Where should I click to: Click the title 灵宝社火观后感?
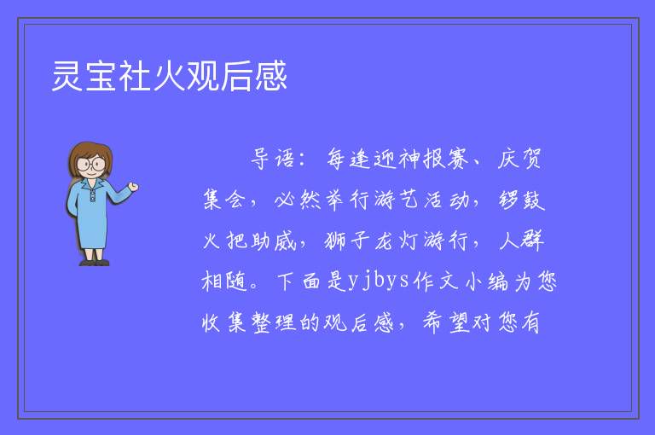pos(169,76)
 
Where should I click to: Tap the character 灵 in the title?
pos(67,76)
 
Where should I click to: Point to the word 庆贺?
pos(519,159)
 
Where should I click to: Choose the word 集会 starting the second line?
pos(224,200)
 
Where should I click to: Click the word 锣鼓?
pos(521,200)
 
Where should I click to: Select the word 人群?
pos(521,241)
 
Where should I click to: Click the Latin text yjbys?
pos(378,281)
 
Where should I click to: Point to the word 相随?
pos(224,281)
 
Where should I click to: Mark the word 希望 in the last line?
pos(447,322)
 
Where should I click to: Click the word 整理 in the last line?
pos(274,322)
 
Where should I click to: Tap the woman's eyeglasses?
pos(91,164)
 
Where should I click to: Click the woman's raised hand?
pos(133,187)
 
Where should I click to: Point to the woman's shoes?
pos(94,263)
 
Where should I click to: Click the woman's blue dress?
pos(94,213)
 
